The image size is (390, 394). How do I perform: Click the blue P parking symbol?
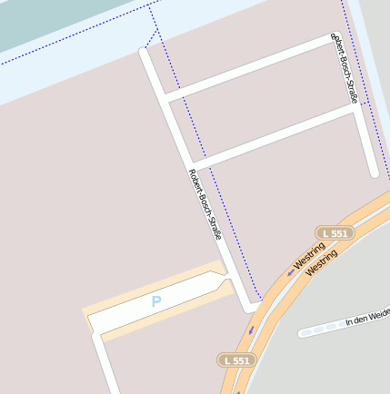coord(156,300)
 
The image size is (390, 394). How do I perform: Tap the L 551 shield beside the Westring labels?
coord(333,233)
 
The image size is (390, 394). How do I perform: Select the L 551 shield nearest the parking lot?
coord(235,360)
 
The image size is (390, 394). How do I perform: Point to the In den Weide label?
coord(367,317)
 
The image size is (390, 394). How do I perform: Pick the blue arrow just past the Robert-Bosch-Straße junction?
coord(251,330)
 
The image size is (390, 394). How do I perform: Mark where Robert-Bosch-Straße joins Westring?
coord(252,308)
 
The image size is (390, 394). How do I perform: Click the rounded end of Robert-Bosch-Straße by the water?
coord(144,52)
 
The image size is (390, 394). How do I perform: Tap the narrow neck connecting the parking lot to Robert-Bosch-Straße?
coord(228,282)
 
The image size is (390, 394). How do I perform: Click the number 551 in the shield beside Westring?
coord(337,233)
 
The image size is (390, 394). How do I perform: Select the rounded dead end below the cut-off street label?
coord(373,172)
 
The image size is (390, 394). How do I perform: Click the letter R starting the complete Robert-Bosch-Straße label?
coord(191,172)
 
